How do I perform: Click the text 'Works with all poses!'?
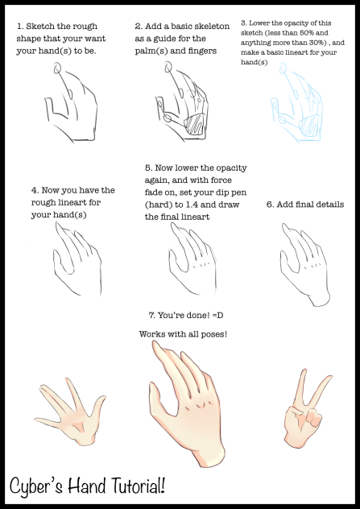coord(182,333)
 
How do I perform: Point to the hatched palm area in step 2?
coord(194,125)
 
